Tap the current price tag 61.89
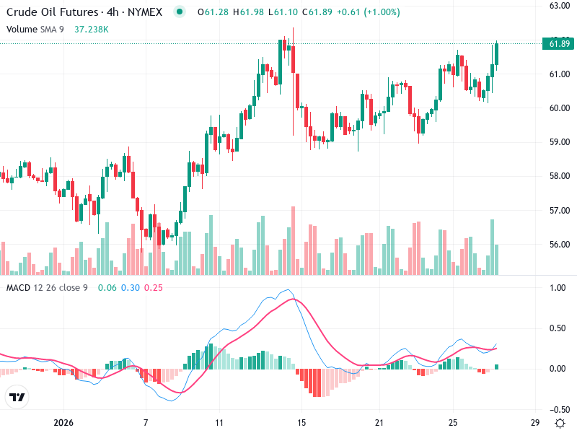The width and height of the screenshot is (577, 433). tap(560, 44)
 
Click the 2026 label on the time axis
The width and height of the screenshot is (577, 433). tap(64, 422)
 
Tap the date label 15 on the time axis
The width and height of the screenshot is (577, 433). tap(301, 422)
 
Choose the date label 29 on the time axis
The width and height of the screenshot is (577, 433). tap(534, 422)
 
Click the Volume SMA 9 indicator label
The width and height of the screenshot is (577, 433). tap(36, 29)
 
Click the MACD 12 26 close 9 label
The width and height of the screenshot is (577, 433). tap(47, 288)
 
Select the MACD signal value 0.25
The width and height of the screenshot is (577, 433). tap(154, 288)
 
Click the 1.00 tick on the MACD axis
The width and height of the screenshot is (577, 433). tap(557, 288)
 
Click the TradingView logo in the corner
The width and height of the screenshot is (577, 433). tap(17, 397)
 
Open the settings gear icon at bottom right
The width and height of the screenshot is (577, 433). tap(559, 422)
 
